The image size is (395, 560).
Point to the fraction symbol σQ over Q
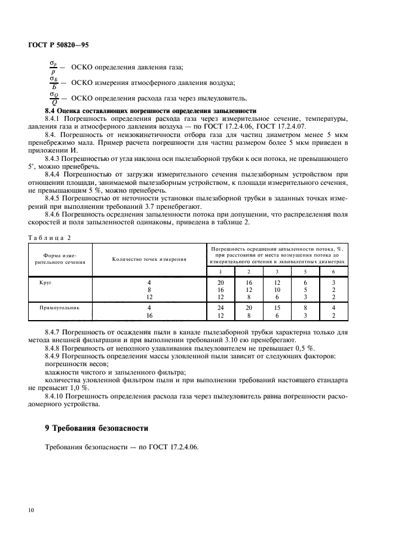[x=54, y=98]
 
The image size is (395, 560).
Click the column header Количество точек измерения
[x=149, y=259]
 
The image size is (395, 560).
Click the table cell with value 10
[x=277, y=289]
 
